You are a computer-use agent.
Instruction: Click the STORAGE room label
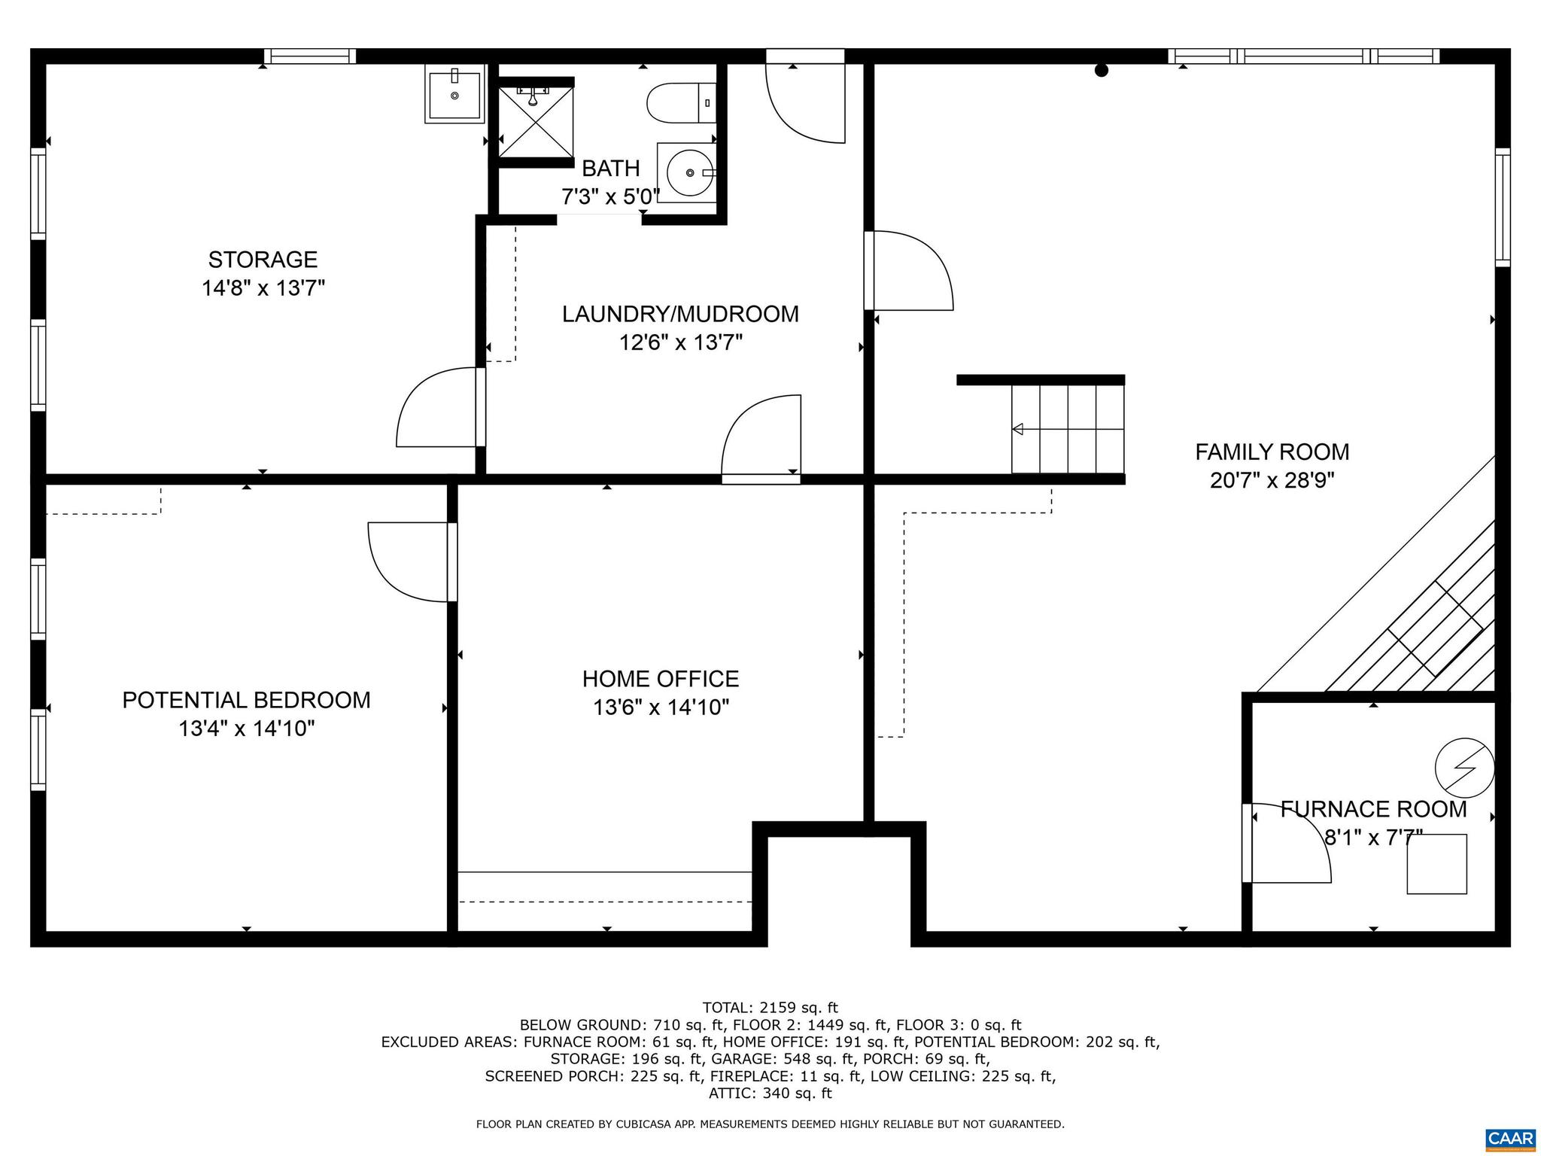(x=263, y=260)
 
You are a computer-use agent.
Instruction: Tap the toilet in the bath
(x=680, y=103)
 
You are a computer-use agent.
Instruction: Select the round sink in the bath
(x=689, y=173)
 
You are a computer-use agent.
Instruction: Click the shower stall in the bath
(x=536, y=122)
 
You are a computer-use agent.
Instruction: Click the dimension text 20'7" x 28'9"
(x=1272, y=480)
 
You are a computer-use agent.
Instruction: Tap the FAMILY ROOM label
(x=1272, y=452)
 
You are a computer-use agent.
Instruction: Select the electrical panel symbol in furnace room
(x=1464, y=769)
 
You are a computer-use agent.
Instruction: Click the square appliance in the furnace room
(x=1436, y=864)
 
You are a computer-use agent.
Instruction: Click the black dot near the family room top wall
(x=1102, y=71)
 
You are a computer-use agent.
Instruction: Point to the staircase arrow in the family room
(x=1019, y=429)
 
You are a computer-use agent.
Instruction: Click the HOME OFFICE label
(x=660, y=679)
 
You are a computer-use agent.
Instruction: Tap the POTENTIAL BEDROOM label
(x=246, y=700)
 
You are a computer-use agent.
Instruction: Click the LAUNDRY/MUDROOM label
(x=680, y=314)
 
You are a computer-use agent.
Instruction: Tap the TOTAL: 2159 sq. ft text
(x=770, y=1007)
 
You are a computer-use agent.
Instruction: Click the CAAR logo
(x=1510, y=1137)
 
